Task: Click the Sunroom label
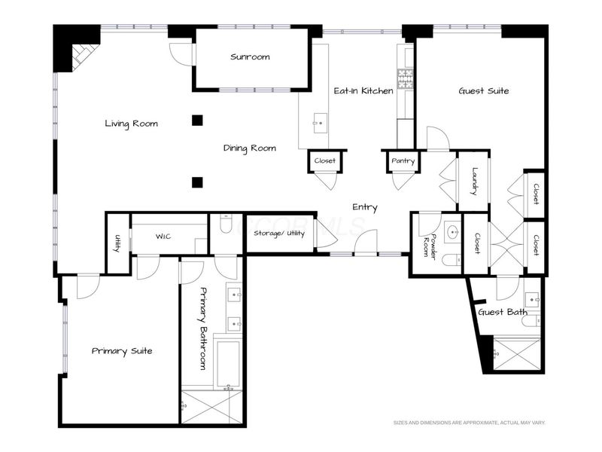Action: click(250, 57)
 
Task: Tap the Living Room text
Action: click(131, 124)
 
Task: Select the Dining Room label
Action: click(250, 148)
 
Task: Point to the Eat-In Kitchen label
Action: click(363, 90)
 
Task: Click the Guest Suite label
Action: click(484, 90)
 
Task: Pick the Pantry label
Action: click(403, 161)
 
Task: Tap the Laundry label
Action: click(475, 181)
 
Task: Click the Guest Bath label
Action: click(503, 312)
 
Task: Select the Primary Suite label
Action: click(122, 351)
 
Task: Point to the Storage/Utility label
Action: click(279, 234)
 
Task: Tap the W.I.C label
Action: click(163, 237)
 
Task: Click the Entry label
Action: click(365, 208)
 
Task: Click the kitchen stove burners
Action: click(405, 79)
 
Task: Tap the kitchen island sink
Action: click(321, 123)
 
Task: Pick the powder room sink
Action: click(454, 232)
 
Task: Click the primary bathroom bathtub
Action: click(229, 364)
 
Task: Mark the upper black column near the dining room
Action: click(197, 121)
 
